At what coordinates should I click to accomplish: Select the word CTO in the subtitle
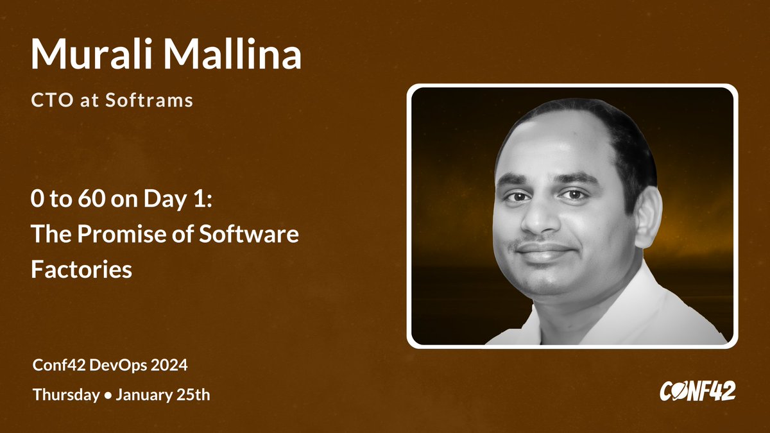pos(47,101)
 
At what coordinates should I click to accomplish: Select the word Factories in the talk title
pos(81,269)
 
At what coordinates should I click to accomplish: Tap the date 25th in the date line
pos(193,395)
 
